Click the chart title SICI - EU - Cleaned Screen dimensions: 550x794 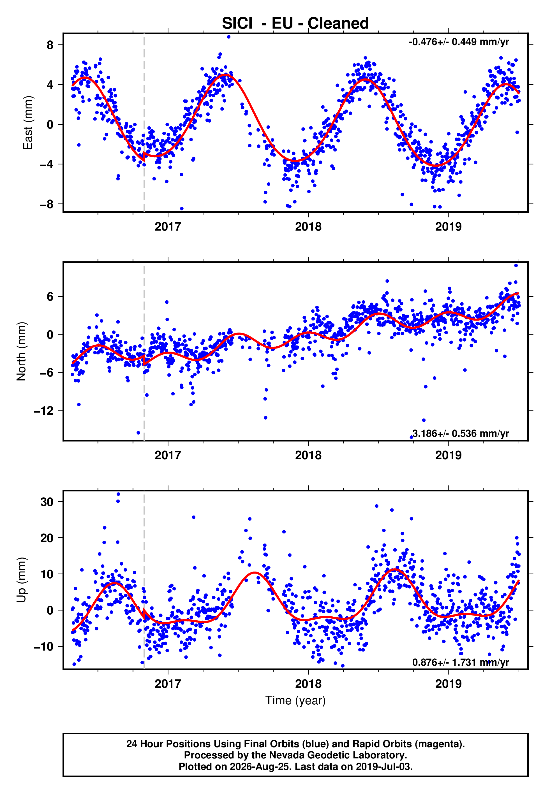[295, 24]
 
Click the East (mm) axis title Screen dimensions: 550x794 [28, 123]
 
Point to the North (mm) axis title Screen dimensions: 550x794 [21, 351]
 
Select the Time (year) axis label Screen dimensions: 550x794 [295, 700]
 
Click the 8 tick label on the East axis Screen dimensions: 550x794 [50, 45]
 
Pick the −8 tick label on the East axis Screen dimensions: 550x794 [47, 204]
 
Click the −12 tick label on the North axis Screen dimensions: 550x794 [44, 410]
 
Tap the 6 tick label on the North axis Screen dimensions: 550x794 [50, 296]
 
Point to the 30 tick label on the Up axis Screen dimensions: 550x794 [47, 502]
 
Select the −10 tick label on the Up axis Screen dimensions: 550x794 [44, 646]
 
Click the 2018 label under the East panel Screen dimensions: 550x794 [308, 227]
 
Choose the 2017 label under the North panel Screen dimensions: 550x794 [168, 455]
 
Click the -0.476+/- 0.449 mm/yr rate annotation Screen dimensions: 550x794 [459, 42]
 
